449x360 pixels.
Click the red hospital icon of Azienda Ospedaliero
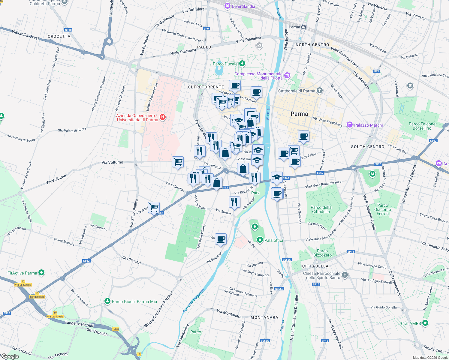[163, 117]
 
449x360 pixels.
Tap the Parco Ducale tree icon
[242, 64]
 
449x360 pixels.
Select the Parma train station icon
[304, 27]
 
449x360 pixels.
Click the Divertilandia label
[243, 6]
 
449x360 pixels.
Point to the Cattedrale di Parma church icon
[320, 90]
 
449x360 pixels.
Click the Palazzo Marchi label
[368, 125]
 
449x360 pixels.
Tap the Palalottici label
[273, 240]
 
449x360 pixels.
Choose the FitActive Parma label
[22, 273]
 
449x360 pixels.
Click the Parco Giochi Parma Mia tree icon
[107, 301]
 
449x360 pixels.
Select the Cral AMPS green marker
[425, 323]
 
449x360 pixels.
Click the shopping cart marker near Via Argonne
[154, 207]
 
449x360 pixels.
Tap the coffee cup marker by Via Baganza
[221, 239]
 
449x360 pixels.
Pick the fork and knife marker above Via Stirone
[234, 202]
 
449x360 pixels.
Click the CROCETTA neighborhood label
[59, 36]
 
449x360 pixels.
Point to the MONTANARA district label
[264, 317]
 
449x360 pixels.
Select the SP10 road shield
[68, 30]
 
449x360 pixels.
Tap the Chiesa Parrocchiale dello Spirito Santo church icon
[345, 275]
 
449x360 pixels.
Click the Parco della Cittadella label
[321, 209]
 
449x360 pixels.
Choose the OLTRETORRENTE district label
[206, 87]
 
